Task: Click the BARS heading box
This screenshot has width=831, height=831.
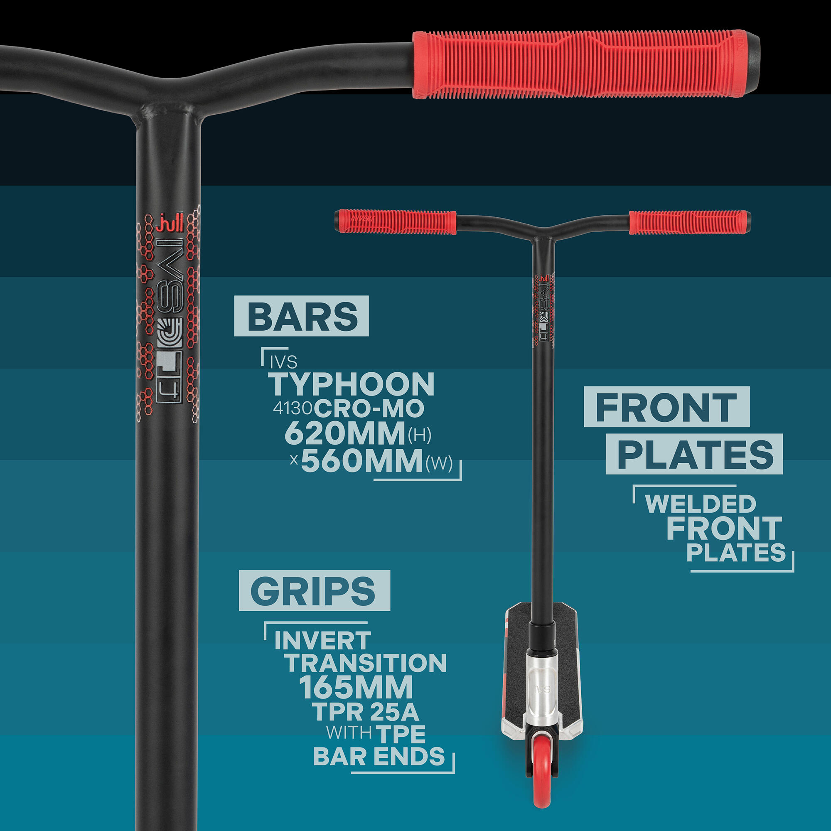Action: click(x=301, y=315)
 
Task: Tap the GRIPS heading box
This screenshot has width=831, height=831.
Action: click(x=315, y=590)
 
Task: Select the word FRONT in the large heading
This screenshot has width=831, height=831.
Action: click(x=667, y=406)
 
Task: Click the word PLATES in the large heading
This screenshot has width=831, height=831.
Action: click(x=694, y=454)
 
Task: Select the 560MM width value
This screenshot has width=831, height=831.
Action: click(x=362, y=460)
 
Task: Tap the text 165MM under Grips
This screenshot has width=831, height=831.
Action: click(x=356, y=688)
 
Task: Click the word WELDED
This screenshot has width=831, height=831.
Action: click(x=701, y=504)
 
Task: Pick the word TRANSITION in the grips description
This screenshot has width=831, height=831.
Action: click(x=366, y=663)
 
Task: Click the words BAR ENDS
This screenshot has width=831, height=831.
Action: click(x=379, y=757)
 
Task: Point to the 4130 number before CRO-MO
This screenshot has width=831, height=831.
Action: click(x=293, y=408)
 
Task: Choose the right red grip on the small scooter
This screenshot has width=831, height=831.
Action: click(x=688, y=222)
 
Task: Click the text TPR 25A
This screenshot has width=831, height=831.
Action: click(x=365, y=712)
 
